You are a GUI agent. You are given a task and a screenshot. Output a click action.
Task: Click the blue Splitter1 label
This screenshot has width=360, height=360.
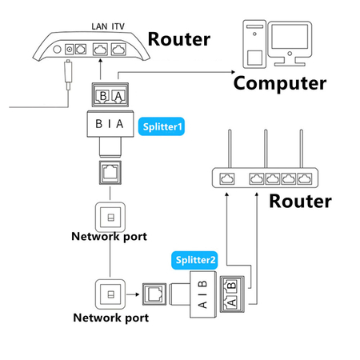[x=162, y=126]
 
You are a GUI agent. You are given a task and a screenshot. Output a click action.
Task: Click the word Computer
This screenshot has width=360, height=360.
[x=279, y=82]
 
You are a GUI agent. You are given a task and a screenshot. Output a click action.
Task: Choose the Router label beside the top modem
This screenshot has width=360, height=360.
[x=179, y=39]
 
